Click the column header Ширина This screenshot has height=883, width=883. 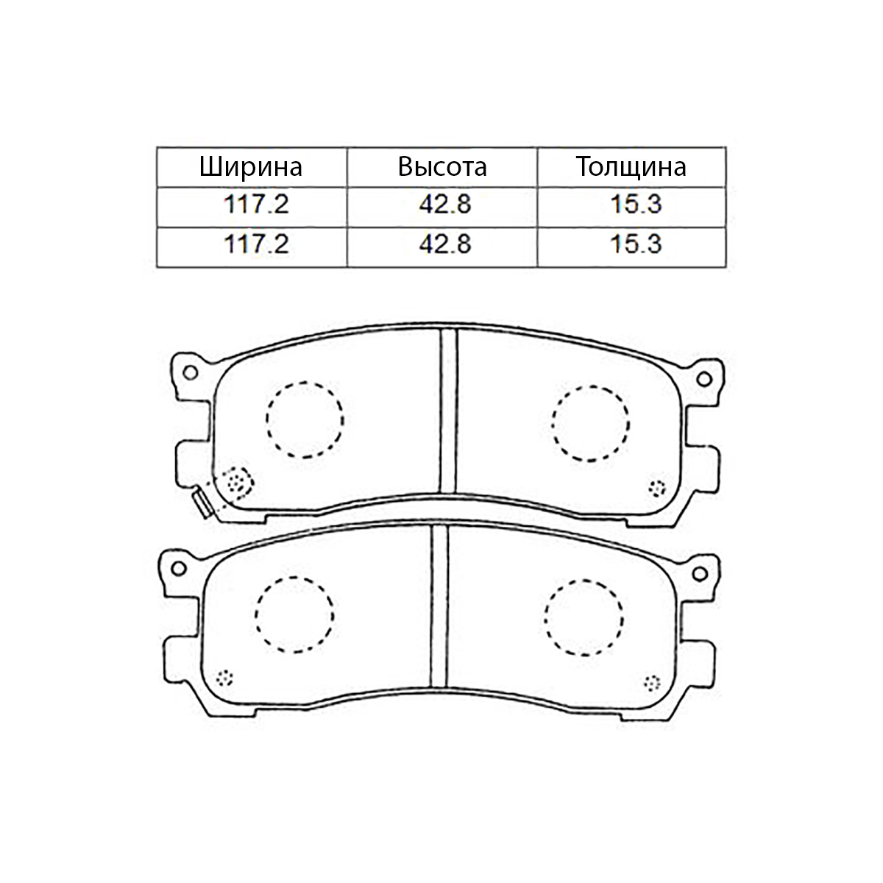coord(251,167)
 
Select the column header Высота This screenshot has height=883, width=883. coord(442,167)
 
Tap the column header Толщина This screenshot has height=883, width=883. coord(631,167)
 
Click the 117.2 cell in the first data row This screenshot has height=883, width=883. coord(256,205)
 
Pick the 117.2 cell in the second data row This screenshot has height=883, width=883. coord(256,244)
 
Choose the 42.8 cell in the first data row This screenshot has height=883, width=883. coord(445,205)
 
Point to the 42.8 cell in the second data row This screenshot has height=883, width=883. coord(445,244)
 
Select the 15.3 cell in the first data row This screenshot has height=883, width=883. coord(636,205)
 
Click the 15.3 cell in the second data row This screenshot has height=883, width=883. coord(636,244)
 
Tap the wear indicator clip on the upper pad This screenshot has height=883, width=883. coord(202,503)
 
